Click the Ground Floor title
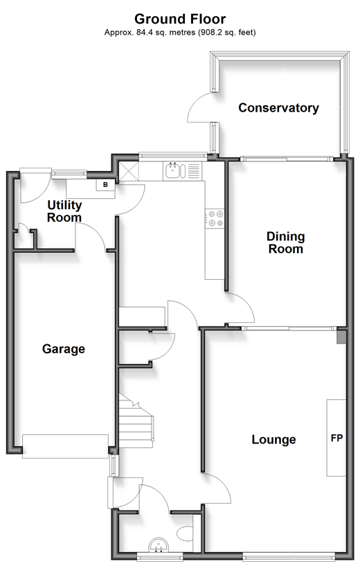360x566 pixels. (180, 19)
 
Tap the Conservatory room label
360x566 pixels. (278, 108)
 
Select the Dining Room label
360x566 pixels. (286, 242)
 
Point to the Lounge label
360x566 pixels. (273, 439)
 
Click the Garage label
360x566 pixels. (64, 349)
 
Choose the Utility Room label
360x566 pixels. (64, 211)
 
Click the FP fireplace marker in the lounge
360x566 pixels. (336, 438)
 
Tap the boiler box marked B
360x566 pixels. (105, 185)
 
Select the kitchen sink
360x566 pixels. (175, 170)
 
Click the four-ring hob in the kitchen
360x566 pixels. (215, 219)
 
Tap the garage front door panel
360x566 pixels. (65, 447)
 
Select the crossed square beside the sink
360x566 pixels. (129, 170)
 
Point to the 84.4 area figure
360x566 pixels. (141, 33)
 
